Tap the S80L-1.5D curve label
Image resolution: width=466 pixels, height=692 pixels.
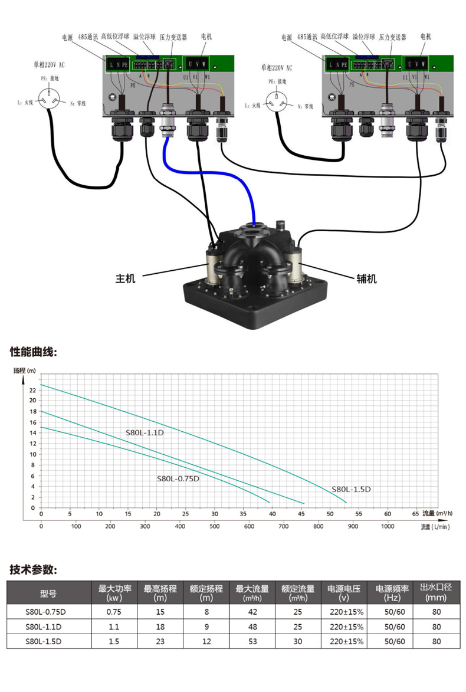350,489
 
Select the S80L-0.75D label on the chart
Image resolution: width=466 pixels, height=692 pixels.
178,478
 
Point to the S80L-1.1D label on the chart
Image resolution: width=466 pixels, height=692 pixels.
144,432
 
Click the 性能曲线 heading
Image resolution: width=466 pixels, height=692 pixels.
34,352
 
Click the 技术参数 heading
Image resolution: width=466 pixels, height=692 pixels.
34,570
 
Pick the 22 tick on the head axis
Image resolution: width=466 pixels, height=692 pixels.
32,390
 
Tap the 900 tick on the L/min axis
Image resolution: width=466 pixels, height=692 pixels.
353,526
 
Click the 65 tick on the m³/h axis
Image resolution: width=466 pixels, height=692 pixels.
416,513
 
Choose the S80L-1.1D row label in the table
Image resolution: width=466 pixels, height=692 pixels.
44,627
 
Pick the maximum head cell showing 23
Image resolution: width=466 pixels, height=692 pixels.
160,641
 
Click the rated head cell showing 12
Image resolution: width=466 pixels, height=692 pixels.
206,641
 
